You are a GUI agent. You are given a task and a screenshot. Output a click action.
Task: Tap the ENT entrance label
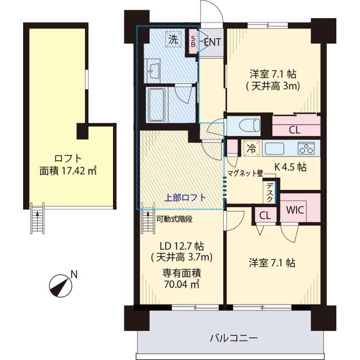point(212,42)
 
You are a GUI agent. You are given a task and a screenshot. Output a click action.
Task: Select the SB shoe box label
point(193,42)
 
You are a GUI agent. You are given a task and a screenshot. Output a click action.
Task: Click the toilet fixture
point(246,124)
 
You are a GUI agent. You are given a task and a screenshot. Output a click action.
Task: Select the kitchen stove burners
point(306,149)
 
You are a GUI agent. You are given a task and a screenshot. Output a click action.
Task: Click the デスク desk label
point(271,192)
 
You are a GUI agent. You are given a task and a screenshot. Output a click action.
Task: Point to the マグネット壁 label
point(245,174)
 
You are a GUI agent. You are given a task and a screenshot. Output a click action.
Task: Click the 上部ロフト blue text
point(185,198)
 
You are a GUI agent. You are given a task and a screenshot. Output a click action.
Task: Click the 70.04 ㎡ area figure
point(182,285)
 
